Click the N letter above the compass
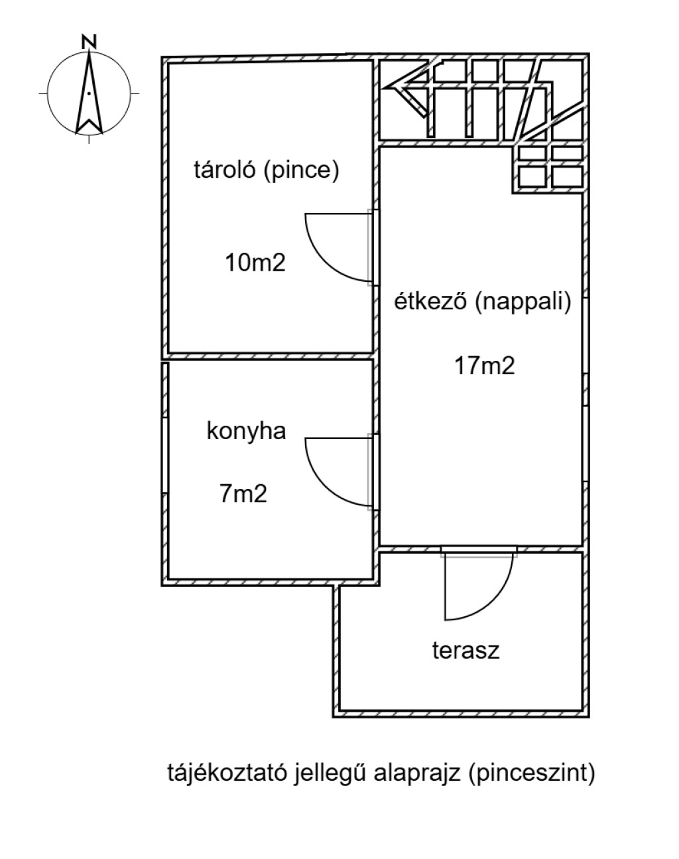pos(89,42)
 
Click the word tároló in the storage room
pos(225,169)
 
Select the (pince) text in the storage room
pos(302,170)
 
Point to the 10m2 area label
pos(255,263)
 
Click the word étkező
pos(430,300)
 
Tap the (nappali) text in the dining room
pos(523,302)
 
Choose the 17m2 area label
pos(485,365)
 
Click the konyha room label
pos(246,432)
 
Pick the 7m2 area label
pos(243,494)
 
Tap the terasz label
pos(466,650)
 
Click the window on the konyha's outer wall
pos(165,456)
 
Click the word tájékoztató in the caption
pos(227,773)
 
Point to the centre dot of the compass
pos(89,94)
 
